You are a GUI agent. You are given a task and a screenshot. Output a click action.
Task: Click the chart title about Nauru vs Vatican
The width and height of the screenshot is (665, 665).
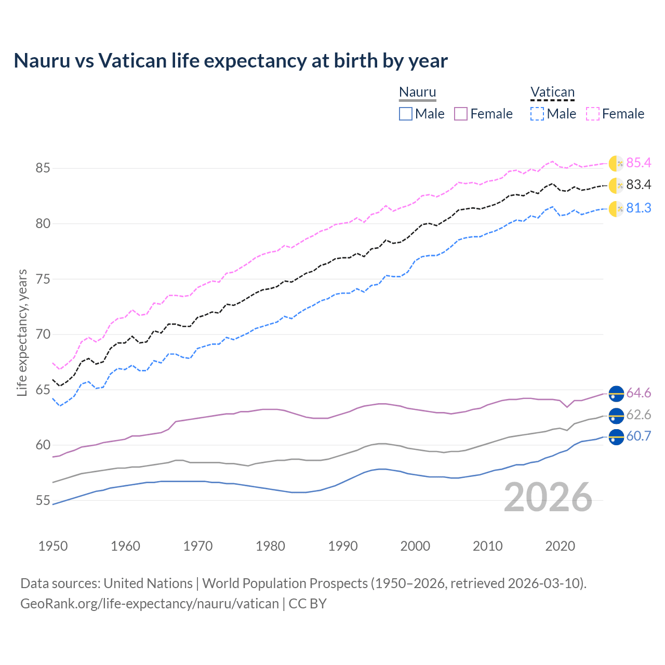click(x=231, y=61)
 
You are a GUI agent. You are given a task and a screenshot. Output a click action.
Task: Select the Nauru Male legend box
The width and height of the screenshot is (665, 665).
click(x=406, y=114)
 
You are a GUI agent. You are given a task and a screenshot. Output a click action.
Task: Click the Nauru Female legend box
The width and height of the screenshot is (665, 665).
click(x=461, y=114)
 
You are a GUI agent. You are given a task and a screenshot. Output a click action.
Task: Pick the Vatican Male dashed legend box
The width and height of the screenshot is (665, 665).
click(x=537, y=114)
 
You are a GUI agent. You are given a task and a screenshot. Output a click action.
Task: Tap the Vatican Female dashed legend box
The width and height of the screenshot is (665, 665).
click(x=593, y=114)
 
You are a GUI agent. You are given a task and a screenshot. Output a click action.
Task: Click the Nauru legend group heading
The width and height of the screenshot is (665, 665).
click(x=417, y=92)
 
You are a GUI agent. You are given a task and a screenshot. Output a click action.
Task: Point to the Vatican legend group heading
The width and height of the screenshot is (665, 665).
click(x=552, y=92)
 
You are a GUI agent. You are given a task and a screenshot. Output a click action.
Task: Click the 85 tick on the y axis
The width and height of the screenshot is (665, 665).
click(x=43, y=168)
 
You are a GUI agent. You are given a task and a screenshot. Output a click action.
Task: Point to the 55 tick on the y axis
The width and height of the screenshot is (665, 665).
click(x=43, y=501)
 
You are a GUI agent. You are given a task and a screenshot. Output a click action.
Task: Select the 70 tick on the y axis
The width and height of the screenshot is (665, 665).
click(x=43, y=335)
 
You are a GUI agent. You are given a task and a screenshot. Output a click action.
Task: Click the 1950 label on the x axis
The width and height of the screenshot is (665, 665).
click(x=53, y=546)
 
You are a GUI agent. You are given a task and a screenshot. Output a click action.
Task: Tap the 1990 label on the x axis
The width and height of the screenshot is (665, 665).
click(x=343, y=546)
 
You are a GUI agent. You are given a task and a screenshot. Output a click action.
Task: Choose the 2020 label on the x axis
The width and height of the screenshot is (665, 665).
click(x=560, y=546)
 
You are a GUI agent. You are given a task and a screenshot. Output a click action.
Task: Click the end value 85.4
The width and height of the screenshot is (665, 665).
click(x=639, y=163)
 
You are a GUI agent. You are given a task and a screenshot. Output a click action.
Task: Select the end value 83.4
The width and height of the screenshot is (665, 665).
click(x=639, y=185)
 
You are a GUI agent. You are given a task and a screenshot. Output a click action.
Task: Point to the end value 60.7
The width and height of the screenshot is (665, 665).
click(x=639, y=436)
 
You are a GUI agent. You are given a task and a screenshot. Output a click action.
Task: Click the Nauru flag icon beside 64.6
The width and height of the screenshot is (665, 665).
click(x=616, y=394)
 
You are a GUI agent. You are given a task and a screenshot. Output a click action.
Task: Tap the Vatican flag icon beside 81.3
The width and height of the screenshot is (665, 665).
click(x=616, y=209)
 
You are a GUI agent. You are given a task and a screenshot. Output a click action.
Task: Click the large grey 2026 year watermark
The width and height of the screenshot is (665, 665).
click(x=548, y=497)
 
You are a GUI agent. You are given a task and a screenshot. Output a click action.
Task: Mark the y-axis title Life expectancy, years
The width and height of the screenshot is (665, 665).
click(x=22, y=332)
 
